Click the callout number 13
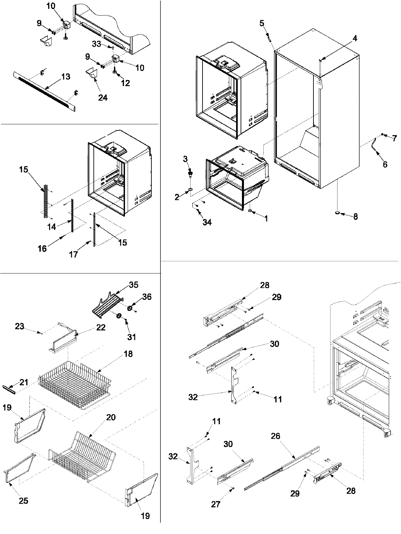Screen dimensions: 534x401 coord(65,77)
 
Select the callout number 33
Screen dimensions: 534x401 coord(97,44)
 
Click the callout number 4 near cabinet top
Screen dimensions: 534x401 coord(355,39)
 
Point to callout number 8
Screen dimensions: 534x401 coord(355,217)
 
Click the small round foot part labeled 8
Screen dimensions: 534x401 coord(337,212)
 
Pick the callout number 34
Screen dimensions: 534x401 coord(207,222)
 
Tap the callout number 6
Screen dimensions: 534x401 coord(385,164)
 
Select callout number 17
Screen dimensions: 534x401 coord(74,255)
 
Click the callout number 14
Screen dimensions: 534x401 coord(51,227)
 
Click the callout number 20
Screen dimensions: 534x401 coord(111,418)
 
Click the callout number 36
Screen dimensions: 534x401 coord(147,297)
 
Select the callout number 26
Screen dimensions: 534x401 coord(276,436)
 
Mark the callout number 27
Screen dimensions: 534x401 coord(216,504)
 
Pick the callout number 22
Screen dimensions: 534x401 coord(101,327)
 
